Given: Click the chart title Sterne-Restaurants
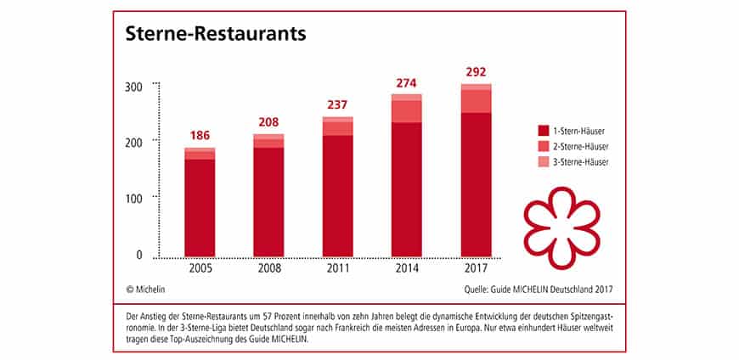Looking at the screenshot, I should [216, 35].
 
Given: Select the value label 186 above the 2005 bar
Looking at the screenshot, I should [200, 136].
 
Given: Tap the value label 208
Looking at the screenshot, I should [268, 123].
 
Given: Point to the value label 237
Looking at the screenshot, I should [338, 105].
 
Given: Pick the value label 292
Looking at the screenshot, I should [476, 72].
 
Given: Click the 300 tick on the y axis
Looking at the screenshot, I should [133, 86].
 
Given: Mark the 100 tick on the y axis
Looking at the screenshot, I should [133, 198].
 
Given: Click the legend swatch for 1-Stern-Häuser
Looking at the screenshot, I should [542, 131].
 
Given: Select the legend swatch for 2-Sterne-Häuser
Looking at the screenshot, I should [542, 146].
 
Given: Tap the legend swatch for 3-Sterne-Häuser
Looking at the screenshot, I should [542, 161].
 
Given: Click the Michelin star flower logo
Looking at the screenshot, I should [561, 223].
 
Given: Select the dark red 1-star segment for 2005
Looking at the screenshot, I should [200, 208].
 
